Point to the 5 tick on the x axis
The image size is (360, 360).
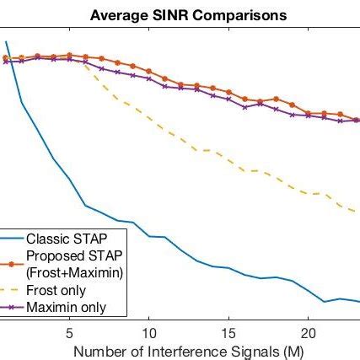coord(69,332)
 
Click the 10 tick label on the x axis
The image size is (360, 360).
coord(148,332)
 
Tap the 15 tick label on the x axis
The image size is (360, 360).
coord(228,332)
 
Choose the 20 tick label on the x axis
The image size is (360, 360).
coord(309,332)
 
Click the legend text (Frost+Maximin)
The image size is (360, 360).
coord(74,271)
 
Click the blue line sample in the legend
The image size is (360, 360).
coord(12,239)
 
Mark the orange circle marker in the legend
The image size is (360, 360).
coord(12,263)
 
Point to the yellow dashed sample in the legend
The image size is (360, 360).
coord(12,290)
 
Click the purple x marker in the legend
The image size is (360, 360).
coord(12,307)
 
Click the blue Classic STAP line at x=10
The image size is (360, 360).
coord(148,237)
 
